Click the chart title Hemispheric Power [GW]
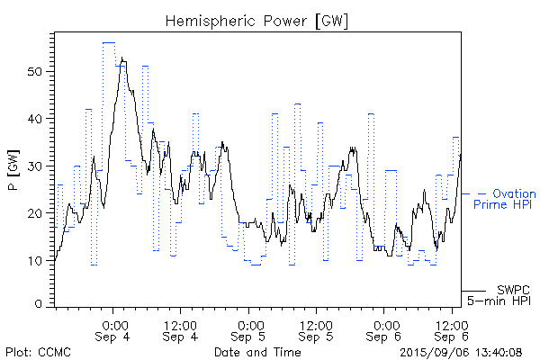pos(257,19)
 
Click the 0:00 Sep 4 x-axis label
pos(113,329)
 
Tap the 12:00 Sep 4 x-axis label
pos(181,329)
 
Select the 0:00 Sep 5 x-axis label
pos(249,329)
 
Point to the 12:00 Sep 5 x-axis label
pos(317,329)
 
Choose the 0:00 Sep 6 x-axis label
pos(385,329)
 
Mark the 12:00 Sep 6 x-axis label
pos(453,329)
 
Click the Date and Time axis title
pos(257,352)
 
